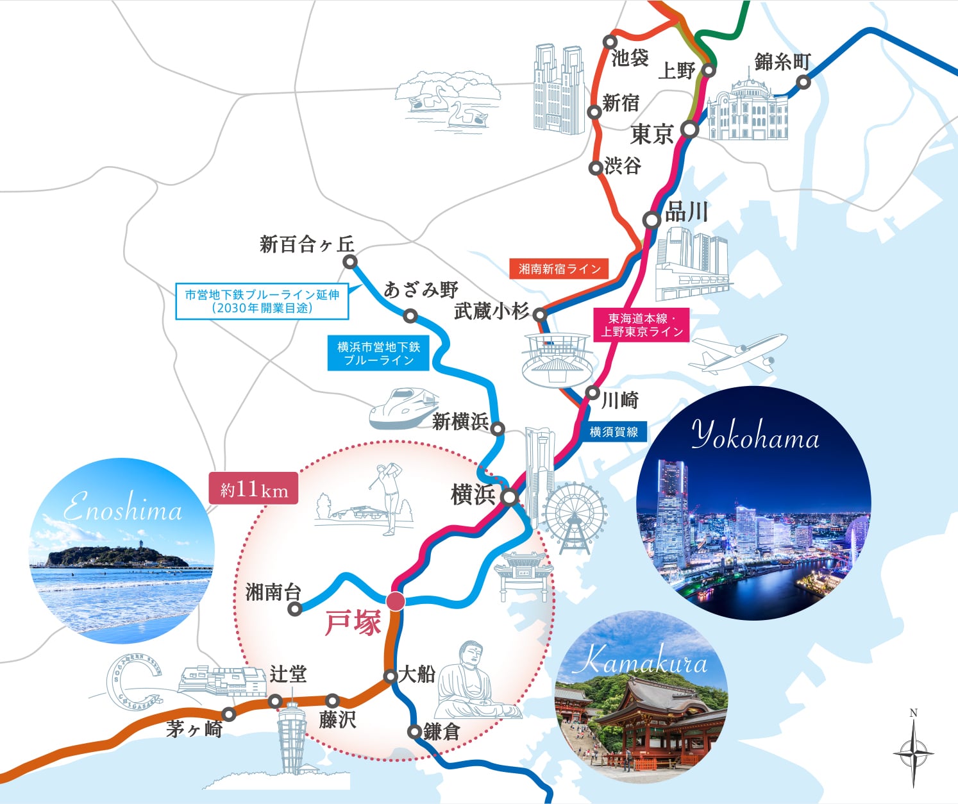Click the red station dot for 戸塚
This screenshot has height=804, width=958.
tap(396, 601)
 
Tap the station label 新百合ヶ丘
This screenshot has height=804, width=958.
tap(307, 244)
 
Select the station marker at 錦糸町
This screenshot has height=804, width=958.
tap(803, 82)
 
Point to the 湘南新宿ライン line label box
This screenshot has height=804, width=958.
tap(559, 269)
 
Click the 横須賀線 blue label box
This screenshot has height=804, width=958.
tap(614, 432)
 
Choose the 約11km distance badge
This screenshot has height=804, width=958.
tap(254, 489)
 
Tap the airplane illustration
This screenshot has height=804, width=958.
tap(737, 355)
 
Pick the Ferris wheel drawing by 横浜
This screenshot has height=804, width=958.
tap(574, 516)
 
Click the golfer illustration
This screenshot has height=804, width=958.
tap(389, 497)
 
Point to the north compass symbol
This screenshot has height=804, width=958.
tap(913, 751)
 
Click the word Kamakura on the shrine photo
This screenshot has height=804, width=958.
tap(640, 661)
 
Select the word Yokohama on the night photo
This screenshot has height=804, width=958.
tap(755, 436)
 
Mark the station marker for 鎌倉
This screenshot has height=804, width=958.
tap(415, 731)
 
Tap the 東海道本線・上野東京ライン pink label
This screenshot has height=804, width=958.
tap(641, 325)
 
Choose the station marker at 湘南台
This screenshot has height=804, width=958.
tap(295, 608)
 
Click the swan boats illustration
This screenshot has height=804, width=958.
tap(449, 103)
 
